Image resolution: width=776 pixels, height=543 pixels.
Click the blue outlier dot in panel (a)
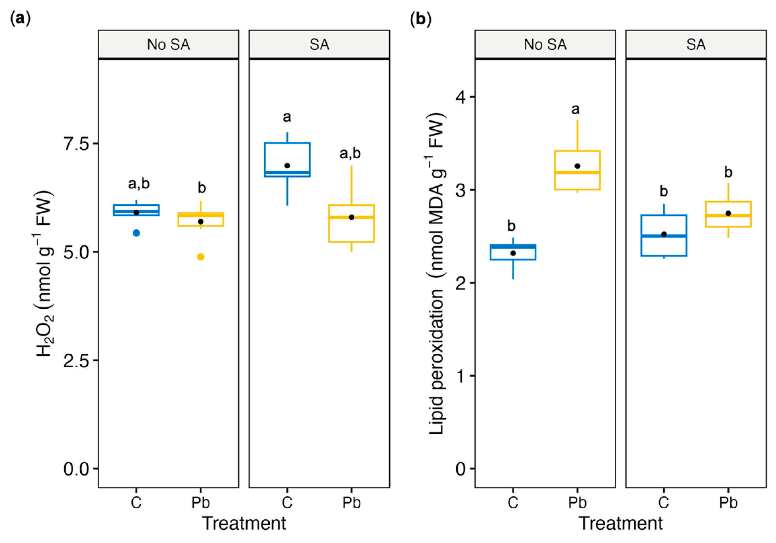[x=136, y=233]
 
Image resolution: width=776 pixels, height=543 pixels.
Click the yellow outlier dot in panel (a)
[x=201, y=257]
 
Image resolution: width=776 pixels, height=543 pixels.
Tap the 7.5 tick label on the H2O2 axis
[x=76, y=144]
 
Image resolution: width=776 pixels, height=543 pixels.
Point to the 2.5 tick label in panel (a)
[x=76, y=361]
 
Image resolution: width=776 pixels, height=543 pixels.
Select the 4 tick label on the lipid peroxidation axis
[x=461, y=97]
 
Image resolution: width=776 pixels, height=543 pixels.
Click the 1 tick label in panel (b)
[x=462, y=376]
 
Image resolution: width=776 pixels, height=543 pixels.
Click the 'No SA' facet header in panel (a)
[x=168, y=45]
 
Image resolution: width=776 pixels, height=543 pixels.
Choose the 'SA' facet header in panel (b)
[x=696, y=45]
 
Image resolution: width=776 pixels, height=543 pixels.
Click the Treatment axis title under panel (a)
[x=244, y=523]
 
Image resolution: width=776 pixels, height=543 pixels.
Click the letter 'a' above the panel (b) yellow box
[x=575, y=109]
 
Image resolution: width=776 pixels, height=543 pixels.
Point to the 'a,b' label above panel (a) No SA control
[x=139, y=184]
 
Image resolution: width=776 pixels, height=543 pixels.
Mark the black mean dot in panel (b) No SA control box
[x=513, y=253]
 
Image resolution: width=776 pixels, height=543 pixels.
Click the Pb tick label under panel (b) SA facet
[x=728, y=503]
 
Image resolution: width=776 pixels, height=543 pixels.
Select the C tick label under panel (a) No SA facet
[x=136, y=503]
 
